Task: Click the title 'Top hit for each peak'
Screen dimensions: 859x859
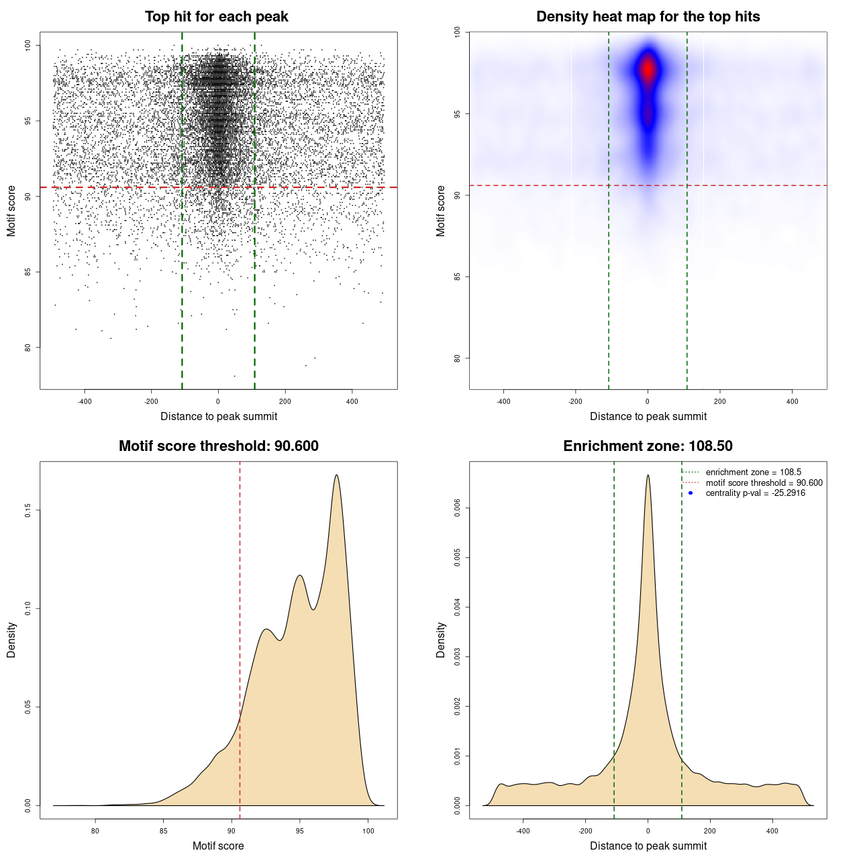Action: pos(216,17)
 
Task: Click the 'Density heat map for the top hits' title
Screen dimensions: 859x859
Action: pos(648,17)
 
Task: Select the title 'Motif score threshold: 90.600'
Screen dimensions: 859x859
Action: pos(218,446)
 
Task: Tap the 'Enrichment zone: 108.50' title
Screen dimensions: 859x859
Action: pos(648,446)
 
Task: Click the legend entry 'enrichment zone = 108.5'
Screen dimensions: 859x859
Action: pos(753,472)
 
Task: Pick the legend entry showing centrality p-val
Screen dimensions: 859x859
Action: pos(755,493)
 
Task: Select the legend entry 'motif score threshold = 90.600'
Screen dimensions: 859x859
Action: pos(764,483)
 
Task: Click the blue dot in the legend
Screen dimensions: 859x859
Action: pos(691,493)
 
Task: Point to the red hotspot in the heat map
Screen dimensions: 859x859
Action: pos(648,69)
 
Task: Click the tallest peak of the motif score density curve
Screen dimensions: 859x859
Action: pos(336,475)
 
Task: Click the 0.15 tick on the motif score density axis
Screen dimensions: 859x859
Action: pos(28,511)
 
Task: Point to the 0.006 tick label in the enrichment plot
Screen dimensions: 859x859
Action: pos(457,509)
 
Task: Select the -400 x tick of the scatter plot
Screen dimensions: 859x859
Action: pos(85,401)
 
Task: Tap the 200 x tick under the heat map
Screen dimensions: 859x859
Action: pos(720,401)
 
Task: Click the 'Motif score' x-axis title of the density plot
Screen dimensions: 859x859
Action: pos(218,846)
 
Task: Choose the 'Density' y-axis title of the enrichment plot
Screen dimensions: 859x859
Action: pos(441,640)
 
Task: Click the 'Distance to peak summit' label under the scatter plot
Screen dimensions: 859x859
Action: pos(219,416)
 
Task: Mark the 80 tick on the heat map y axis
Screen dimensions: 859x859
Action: pos(457,358)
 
